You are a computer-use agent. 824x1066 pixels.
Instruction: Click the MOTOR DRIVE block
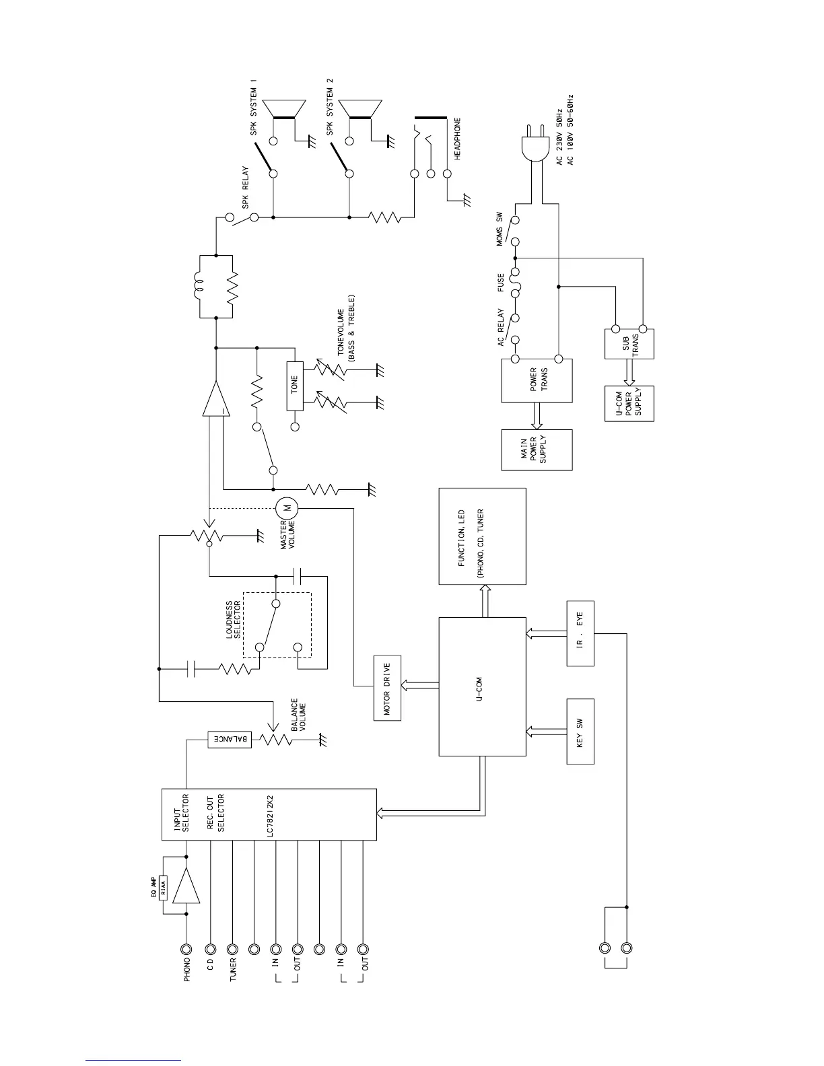coord(387,688)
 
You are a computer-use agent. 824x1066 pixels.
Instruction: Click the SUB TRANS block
coord(629,343)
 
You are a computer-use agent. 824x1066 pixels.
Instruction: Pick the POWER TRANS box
coord(537,380)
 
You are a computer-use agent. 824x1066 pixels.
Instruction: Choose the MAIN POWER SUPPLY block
coord(537,450)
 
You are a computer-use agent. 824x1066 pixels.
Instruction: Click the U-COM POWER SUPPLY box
coord(629,404)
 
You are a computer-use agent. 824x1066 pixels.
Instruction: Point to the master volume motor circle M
coord(285,507)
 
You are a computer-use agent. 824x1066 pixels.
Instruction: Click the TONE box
coord(295,385)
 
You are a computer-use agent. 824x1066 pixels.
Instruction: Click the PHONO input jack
coord(187,949)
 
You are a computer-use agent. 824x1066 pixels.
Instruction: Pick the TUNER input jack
coord(232,949)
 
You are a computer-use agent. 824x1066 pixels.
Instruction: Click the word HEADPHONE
coord(458,139)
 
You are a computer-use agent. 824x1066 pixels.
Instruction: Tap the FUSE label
coord(502,282)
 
